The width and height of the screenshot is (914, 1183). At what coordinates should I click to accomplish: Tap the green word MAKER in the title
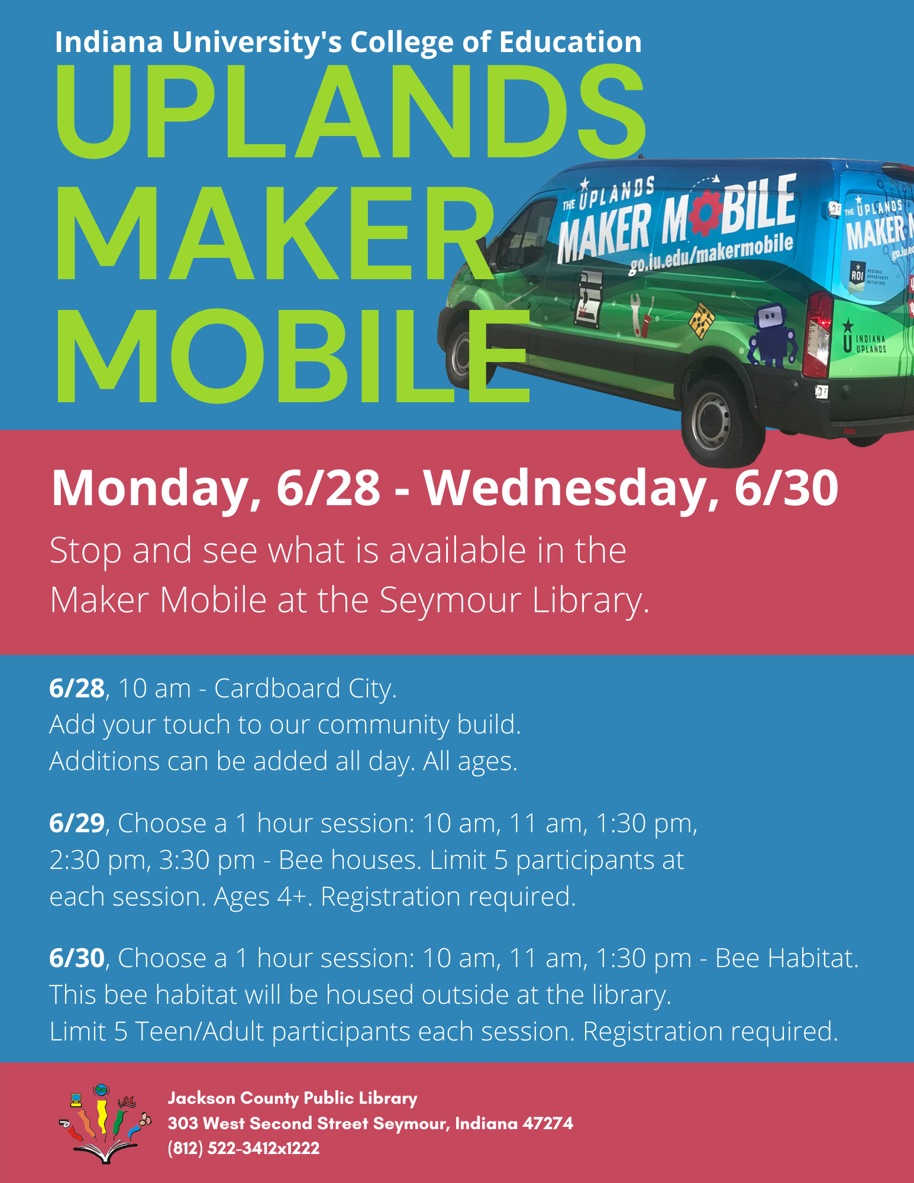click(x=274, y=233)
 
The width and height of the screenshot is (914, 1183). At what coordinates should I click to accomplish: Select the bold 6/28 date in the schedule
click(x=77, y=689)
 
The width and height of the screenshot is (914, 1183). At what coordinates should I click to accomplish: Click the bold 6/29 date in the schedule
click(x=77, y=823)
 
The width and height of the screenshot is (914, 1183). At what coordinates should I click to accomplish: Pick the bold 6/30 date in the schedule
click(x=77, y=958)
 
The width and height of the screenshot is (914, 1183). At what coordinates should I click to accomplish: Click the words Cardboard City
click(x=305, y=689)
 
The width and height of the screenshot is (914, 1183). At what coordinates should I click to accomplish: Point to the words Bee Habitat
click(x=786, y=958)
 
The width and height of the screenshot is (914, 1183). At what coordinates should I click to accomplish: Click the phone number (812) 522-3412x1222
click(x=244, y=1148)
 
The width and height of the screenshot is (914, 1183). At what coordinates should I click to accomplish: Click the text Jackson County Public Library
click(x=292, y=1098)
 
